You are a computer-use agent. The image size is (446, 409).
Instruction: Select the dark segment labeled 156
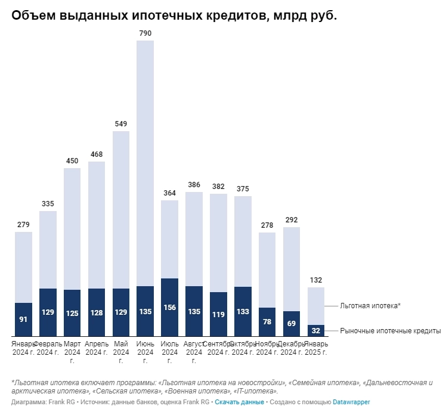coord(169,308)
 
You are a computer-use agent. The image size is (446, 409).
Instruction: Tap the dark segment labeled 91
coord(23,320)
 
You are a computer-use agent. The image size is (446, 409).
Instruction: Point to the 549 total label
coord(121,124)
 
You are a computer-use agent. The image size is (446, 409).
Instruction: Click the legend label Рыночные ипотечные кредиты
coord(390,331)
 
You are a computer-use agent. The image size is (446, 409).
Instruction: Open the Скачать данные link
coord(239,402)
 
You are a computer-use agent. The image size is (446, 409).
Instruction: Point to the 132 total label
coord(316,280)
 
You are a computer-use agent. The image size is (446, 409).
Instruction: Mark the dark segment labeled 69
coord(292,324)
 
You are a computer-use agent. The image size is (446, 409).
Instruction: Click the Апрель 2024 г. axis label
coord(97,348)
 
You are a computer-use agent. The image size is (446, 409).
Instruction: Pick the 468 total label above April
coord(97,154)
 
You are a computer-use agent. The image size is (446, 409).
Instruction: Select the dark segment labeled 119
coord(218,315)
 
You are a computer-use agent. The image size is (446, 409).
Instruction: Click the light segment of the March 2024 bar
coord(72,229)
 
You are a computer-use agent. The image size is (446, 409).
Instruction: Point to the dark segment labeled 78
coord(267,323)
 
